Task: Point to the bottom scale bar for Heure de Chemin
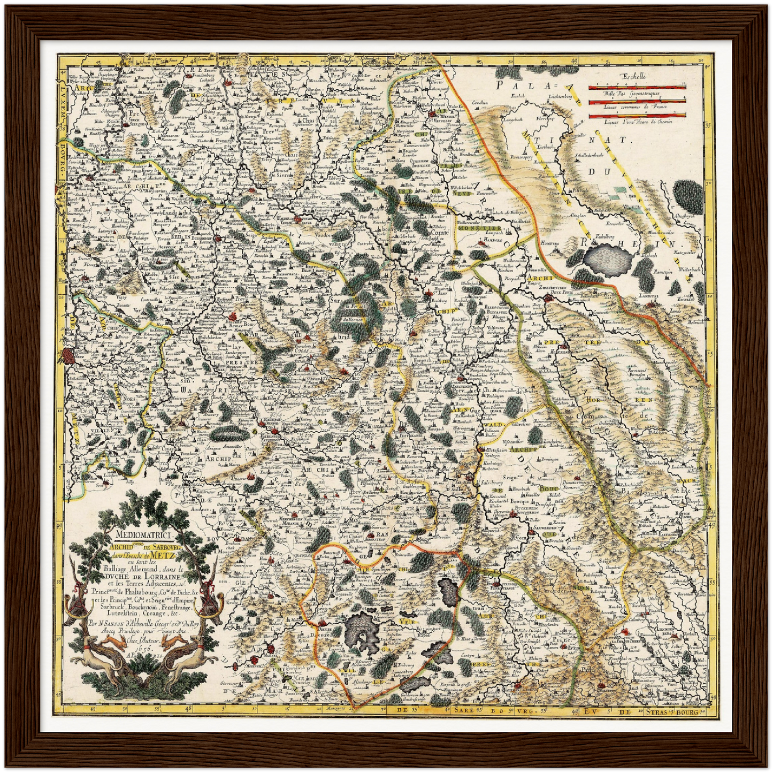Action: [637, 115]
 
